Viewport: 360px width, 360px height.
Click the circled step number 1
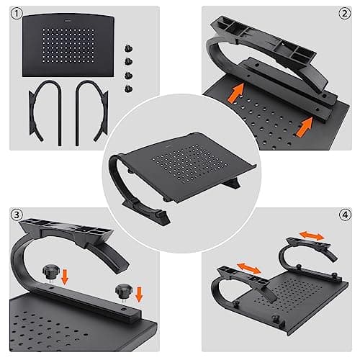coord(17,14)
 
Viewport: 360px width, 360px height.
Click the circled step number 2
coord(345,14)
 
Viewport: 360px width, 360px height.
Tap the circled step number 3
coord(17,215)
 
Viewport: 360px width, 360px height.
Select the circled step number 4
coord(345,215)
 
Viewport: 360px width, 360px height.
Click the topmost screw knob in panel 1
coord(129,48)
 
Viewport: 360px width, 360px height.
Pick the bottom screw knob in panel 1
coord(129,89)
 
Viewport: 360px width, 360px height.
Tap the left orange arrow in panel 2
coord(235,93)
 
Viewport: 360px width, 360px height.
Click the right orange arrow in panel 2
coord(305,127)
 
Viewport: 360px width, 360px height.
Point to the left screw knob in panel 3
coord(50,273)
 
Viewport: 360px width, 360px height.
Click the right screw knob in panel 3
coord(123,292)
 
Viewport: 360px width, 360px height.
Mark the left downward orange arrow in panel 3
coord(65,277)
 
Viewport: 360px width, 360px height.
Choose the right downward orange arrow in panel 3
coord(139,294)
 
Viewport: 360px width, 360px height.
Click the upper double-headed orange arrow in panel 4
coord(312,235)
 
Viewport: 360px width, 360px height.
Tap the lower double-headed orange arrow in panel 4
coord(249,269)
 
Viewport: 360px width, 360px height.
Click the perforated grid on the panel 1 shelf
coord(68,45)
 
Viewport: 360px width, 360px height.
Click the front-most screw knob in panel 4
coord(275,320)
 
